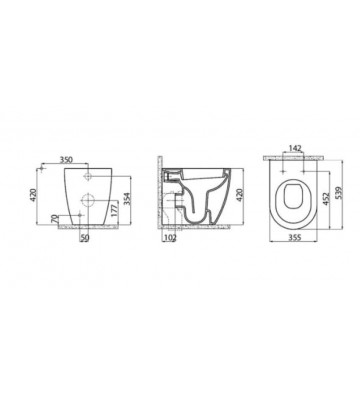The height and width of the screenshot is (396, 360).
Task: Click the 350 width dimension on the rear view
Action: click(x=67, y=158)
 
